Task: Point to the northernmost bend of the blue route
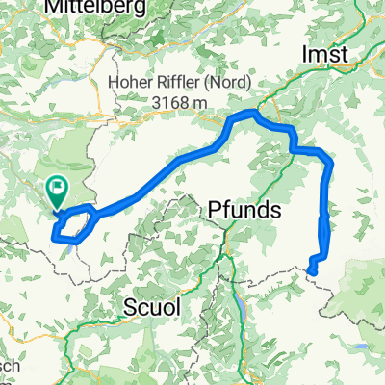click(252, 114)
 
